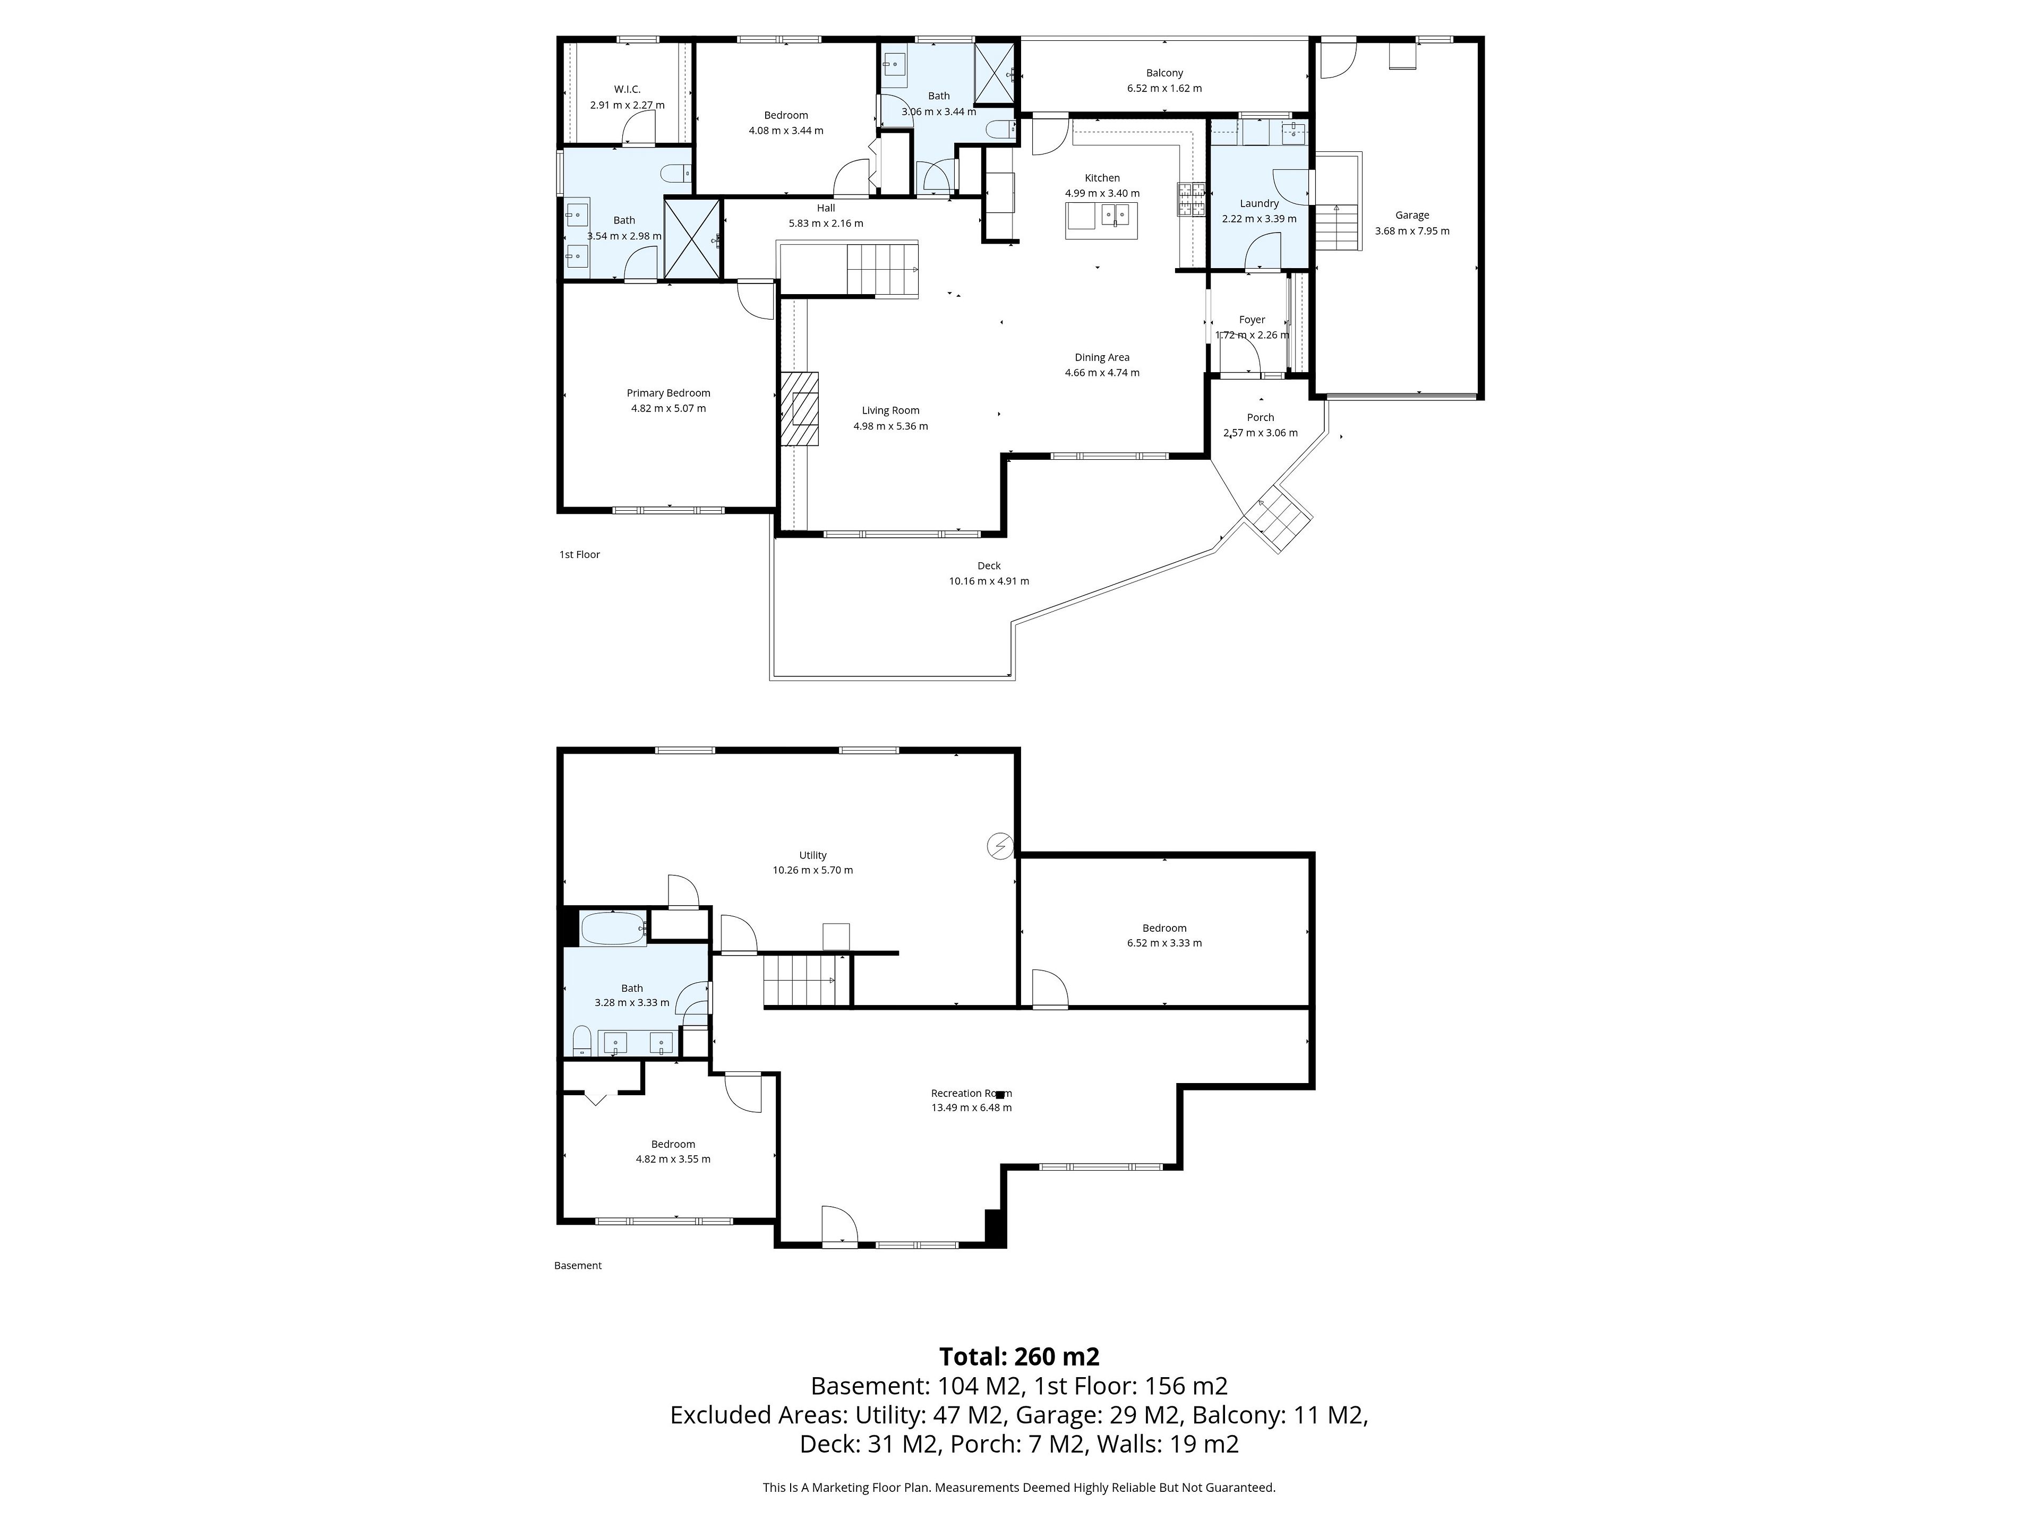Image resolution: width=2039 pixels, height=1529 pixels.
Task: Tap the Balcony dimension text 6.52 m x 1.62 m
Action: coord(1164,89)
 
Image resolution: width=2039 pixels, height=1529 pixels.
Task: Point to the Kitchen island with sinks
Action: coord(1102,219)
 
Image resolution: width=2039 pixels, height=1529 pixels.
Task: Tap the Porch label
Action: coord(1260,417)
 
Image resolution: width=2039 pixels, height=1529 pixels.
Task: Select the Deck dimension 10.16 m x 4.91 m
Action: coord(989,581)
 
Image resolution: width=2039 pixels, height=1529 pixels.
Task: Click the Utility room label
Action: coord(813,855)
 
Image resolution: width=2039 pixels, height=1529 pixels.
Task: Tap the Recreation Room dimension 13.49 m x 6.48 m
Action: coord(972,1108)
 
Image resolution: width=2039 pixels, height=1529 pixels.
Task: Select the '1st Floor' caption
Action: coord(580,555)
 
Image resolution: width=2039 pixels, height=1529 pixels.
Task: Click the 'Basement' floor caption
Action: coord(578,1266)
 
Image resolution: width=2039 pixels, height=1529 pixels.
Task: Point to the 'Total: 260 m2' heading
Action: coord(1019,1356)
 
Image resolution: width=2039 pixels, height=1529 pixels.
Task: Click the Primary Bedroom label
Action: coord(669,393)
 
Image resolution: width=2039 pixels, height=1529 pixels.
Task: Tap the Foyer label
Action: coord(1252,320)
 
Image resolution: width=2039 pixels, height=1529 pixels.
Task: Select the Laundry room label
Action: coord(1259,204)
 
